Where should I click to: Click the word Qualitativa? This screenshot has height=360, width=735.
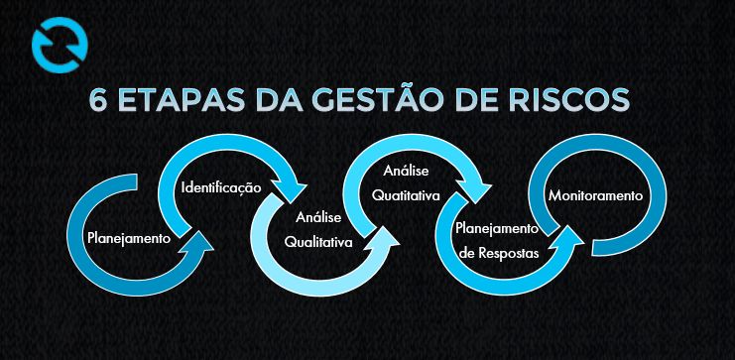[x=318, y=241]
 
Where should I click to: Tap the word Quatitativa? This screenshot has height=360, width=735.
[x=406, y=195]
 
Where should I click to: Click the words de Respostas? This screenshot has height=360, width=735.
[x=500, y=252]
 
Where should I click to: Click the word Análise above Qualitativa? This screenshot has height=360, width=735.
[x=317, y=217]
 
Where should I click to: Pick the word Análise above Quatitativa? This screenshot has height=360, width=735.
[x=407, y=173]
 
